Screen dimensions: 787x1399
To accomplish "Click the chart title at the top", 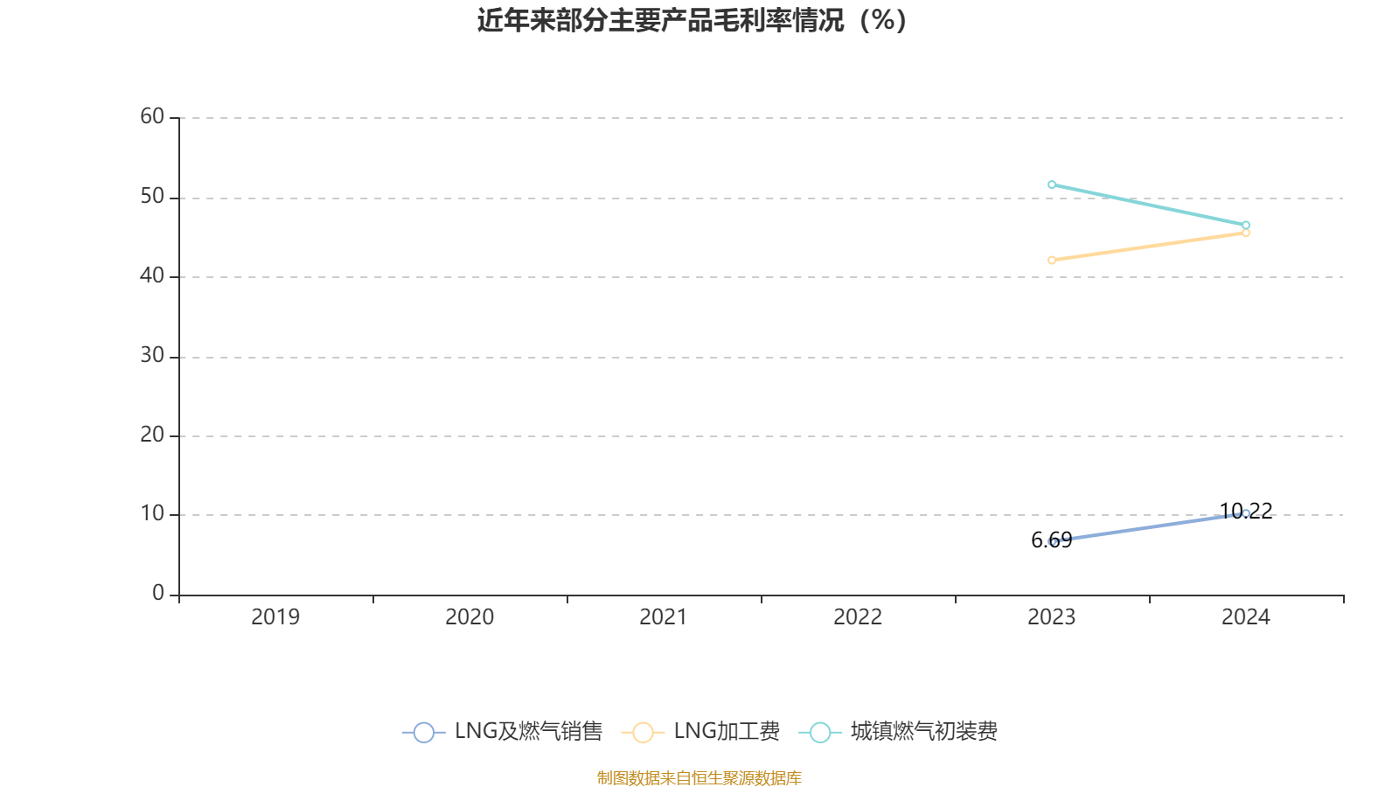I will (x=692, y=20).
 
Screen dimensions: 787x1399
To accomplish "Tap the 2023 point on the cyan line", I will (x=1052, y=185).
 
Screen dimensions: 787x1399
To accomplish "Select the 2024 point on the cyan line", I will (x=1246, y=225).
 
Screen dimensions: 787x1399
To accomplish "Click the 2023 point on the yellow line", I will (x=1052, y=260).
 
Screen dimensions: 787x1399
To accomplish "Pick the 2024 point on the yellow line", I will (x=1246, y=233).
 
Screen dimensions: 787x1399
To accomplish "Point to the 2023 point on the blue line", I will (x=1052, y=541).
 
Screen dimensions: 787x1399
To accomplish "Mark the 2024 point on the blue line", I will (x=1246, y=513).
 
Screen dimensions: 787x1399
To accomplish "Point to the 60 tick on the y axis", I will (x=152, y=116).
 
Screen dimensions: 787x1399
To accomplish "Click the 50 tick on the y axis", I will (x=152, y=197).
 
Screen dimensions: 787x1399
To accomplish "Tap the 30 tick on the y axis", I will (x=152, y=356).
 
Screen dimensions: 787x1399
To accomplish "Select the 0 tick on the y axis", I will (x=158, y=594).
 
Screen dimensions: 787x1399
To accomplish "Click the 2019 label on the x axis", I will (x=275, y=617).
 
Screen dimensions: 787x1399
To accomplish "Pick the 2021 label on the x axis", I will (x=664, y=617).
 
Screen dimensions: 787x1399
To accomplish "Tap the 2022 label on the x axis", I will (x=858, y=617).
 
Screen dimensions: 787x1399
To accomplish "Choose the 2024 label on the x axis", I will (x=1246, y=617).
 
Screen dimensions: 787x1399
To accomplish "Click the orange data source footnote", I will (x=699, y=778).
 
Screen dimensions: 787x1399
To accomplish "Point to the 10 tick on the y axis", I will (x=152, y=514).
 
